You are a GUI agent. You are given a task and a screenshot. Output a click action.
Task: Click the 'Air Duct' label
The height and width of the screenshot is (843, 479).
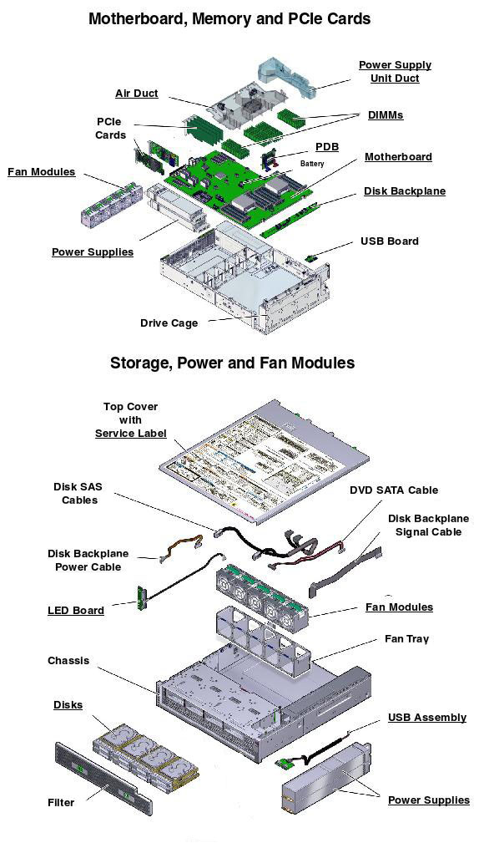click(x=136, y=94)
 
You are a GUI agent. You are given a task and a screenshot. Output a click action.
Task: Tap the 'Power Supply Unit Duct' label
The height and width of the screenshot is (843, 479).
click(x=395, y=71)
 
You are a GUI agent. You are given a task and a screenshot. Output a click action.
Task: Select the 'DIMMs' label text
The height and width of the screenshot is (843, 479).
click(x=385, y=115)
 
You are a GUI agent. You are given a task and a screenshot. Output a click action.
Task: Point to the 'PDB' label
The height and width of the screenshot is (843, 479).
click(x=327, y=147)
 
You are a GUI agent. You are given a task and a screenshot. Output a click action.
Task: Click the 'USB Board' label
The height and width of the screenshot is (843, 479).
click(x=389, y=241)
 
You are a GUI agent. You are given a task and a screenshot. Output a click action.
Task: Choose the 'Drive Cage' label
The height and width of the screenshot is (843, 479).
click(x=169, y=323)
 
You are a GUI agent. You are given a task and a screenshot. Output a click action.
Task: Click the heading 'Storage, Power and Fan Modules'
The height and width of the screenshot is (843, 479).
click(x=232, y=363)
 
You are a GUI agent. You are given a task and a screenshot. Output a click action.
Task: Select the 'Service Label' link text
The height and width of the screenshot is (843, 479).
click(x=130, y=433)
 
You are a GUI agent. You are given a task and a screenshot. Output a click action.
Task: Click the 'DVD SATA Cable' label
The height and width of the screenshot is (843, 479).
click(x=393, y=490)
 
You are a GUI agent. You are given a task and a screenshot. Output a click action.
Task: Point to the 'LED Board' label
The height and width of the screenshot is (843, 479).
click(x=76, y=611)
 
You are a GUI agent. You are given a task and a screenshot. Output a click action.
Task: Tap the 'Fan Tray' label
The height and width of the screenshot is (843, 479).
click(x=406, y=639)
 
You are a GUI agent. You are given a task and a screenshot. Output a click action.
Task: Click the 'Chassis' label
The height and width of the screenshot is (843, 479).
click(x=68, y=661)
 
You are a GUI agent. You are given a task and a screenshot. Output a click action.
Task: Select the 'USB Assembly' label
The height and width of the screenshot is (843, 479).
click(x=426, y=718)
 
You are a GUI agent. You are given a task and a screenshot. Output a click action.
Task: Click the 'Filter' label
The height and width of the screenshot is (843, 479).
click(x=61, y=803)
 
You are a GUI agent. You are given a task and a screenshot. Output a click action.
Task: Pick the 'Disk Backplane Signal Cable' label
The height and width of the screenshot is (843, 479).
click(x=428, y=525)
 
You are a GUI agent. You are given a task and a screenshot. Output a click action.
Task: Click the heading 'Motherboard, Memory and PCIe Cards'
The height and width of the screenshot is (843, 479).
click(x=229, y=18)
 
